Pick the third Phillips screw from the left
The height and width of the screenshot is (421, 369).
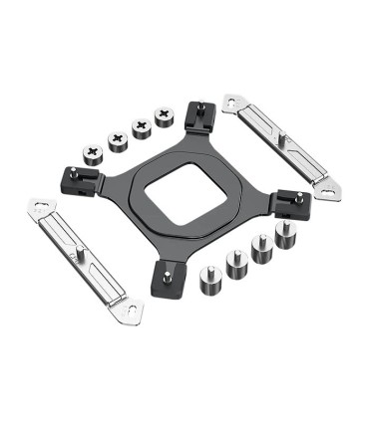pyautogui.click(x=143, y=126)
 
